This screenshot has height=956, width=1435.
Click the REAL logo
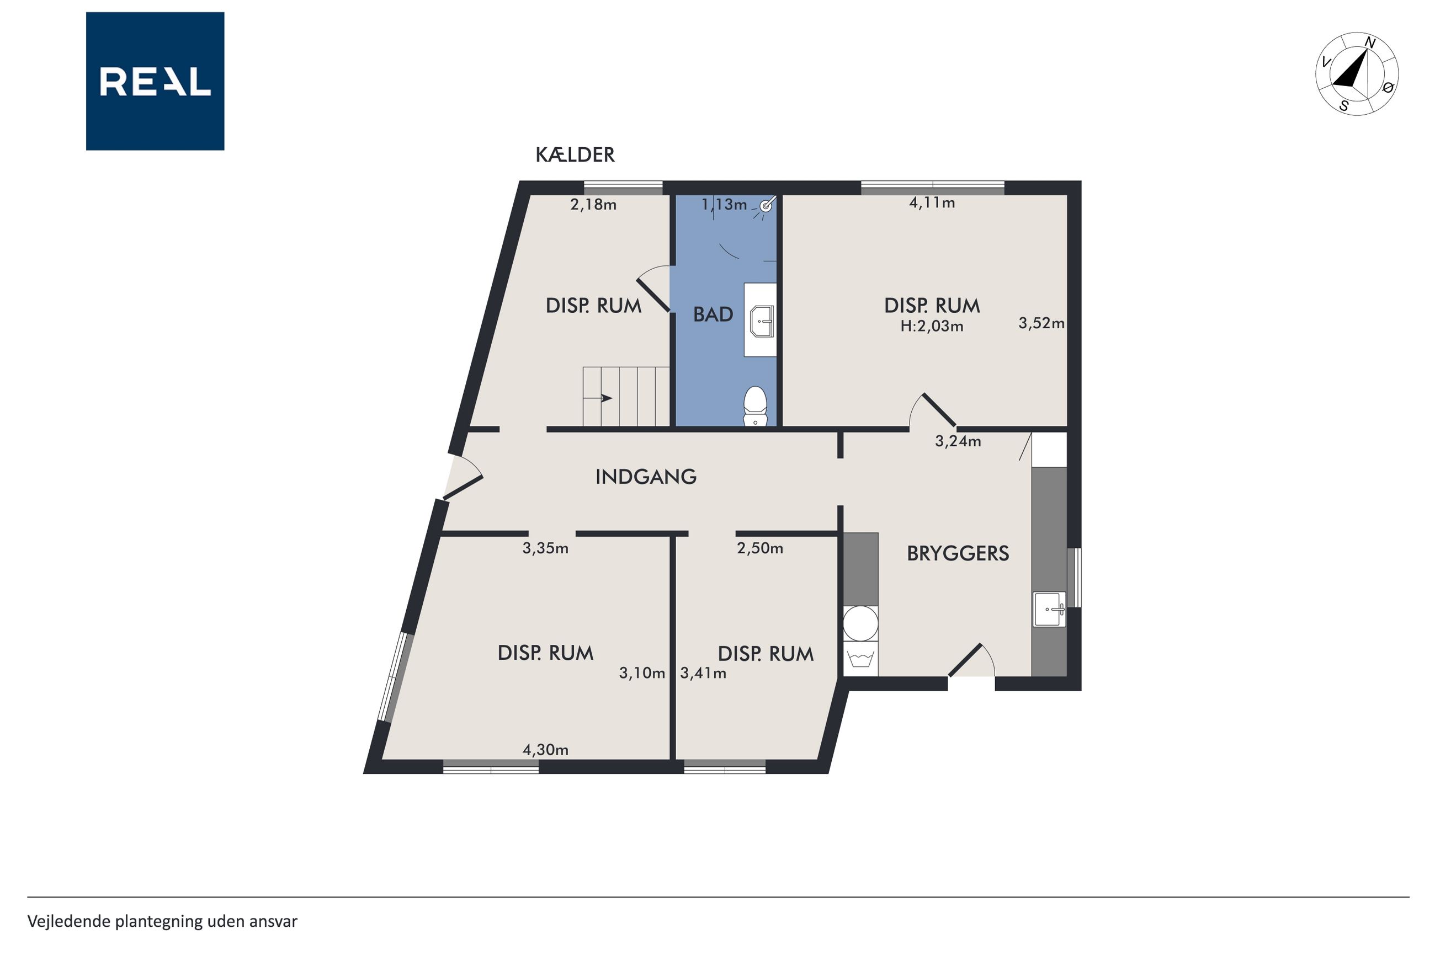point(155,81)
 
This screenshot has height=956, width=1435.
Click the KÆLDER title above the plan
point(575,155)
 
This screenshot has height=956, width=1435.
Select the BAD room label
point(713,314)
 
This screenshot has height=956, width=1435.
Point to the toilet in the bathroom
point(755,405)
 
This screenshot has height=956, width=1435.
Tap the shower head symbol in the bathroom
point(767,205)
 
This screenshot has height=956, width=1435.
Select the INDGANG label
point(646,476)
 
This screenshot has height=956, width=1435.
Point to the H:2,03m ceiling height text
point(932,326)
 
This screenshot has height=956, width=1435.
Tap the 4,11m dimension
point(932,202)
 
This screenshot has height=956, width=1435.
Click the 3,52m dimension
point(1041,323)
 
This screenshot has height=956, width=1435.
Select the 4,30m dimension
point(545,749)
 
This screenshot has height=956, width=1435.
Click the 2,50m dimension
point(760,548)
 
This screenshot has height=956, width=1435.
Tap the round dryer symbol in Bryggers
point(860,623)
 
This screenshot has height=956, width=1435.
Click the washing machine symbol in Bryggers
point(860,659)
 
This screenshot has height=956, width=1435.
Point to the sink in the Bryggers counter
point(1049,608)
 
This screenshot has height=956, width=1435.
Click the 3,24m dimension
point(958,441)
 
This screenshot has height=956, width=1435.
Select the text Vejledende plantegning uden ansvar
point(162,921)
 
